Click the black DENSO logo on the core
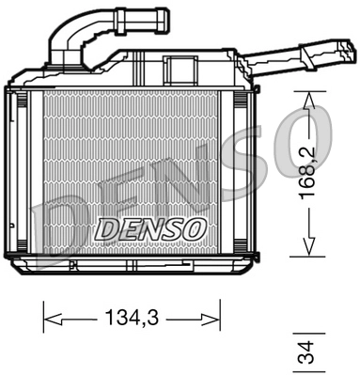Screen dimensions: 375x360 (149, 228)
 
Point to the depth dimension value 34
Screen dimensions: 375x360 (305, 353)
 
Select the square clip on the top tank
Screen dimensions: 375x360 (176, 68)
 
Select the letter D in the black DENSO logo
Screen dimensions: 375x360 (106, 228)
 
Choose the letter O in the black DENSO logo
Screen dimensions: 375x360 (191, 228)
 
